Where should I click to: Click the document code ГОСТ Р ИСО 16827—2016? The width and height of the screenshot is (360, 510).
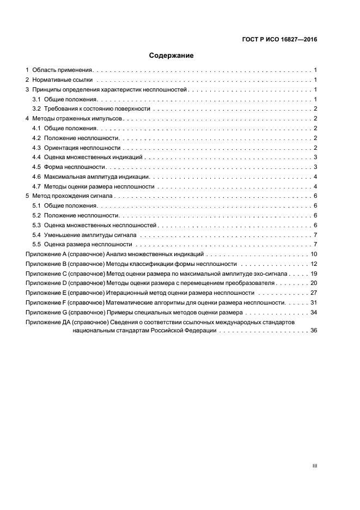pyautogui.click(x=279, y=40)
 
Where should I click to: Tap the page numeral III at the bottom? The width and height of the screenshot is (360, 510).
pyautogui.click(x=314, y=466)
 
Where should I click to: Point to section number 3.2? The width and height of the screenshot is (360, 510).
pyautogui.click(x=37, y=109)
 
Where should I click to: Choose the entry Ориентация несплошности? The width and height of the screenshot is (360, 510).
pyautogui.click(x=82, y=148)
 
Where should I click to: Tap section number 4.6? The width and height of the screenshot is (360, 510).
pyautogui.click(x=37, y=177)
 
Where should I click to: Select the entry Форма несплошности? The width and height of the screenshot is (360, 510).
pyautogui.click(x=75, y=167)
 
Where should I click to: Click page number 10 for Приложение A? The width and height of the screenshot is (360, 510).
pyautogui.click(x=314, y=254)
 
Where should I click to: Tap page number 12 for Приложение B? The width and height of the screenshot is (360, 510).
pyautogui.click(x=314, y=264)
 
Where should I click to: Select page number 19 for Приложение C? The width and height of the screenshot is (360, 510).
pyautogui.click(x=314, y=274)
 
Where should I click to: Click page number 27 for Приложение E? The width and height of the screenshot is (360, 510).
pyautogui.click(x=314, y=293)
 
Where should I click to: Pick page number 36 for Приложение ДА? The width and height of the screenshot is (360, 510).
pyautogui.click(x=314, y=331)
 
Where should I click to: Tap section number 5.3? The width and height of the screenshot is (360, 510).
pyautogui.click(x=37, y=225)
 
